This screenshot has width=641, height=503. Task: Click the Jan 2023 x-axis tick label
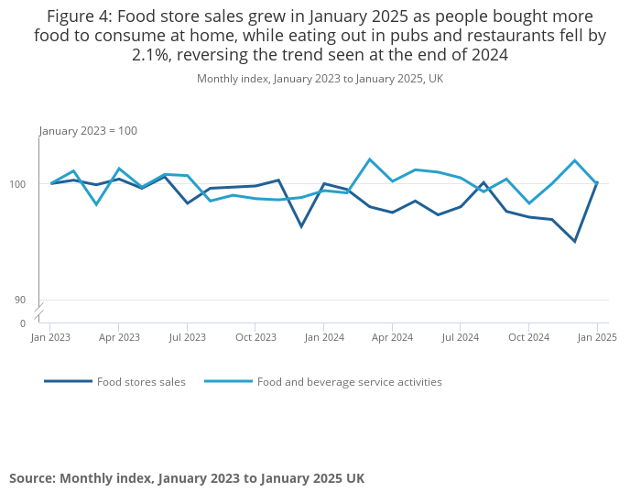[50, 337]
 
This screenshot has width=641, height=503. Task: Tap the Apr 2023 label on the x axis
[119, 337]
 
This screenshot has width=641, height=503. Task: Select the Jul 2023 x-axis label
[187, 337]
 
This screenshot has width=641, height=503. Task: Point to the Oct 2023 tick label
[255, 337]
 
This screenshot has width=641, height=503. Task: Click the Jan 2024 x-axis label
[324, 337]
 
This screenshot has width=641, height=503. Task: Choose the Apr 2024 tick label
[392, 337]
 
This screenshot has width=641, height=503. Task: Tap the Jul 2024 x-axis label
[461, 337]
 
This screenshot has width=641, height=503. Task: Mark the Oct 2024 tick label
[529, 337]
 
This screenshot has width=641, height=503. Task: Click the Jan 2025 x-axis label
[597, 337]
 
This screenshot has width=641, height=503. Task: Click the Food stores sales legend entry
[141, 382]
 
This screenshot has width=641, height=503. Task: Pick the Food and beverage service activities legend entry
[349, 382]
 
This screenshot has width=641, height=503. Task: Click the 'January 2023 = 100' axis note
[88, 131]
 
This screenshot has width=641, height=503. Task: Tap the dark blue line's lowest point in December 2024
[574, 241]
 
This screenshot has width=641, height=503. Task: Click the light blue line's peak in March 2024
[369, 159]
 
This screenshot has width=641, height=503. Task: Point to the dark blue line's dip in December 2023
[301, 226]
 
